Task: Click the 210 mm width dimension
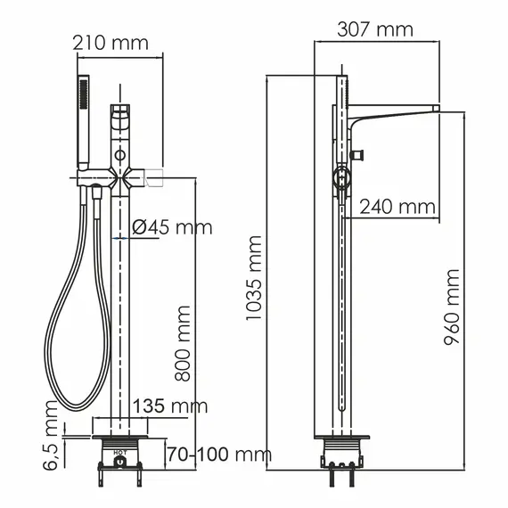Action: [x=110, y=41]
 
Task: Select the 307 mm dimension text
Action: [x=375, y=29]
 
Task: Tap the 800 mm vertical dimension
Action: [x=183, y=343]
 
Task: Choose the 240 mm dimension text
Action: [x=397, y=207]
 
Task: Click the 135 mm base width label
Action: [x=169, y=406]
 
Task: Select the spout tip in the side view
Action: [x=434, y=110]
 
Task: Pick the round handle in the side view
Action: [x=340, y=178]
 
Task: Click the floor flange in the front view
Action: [x=119, y=439]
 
